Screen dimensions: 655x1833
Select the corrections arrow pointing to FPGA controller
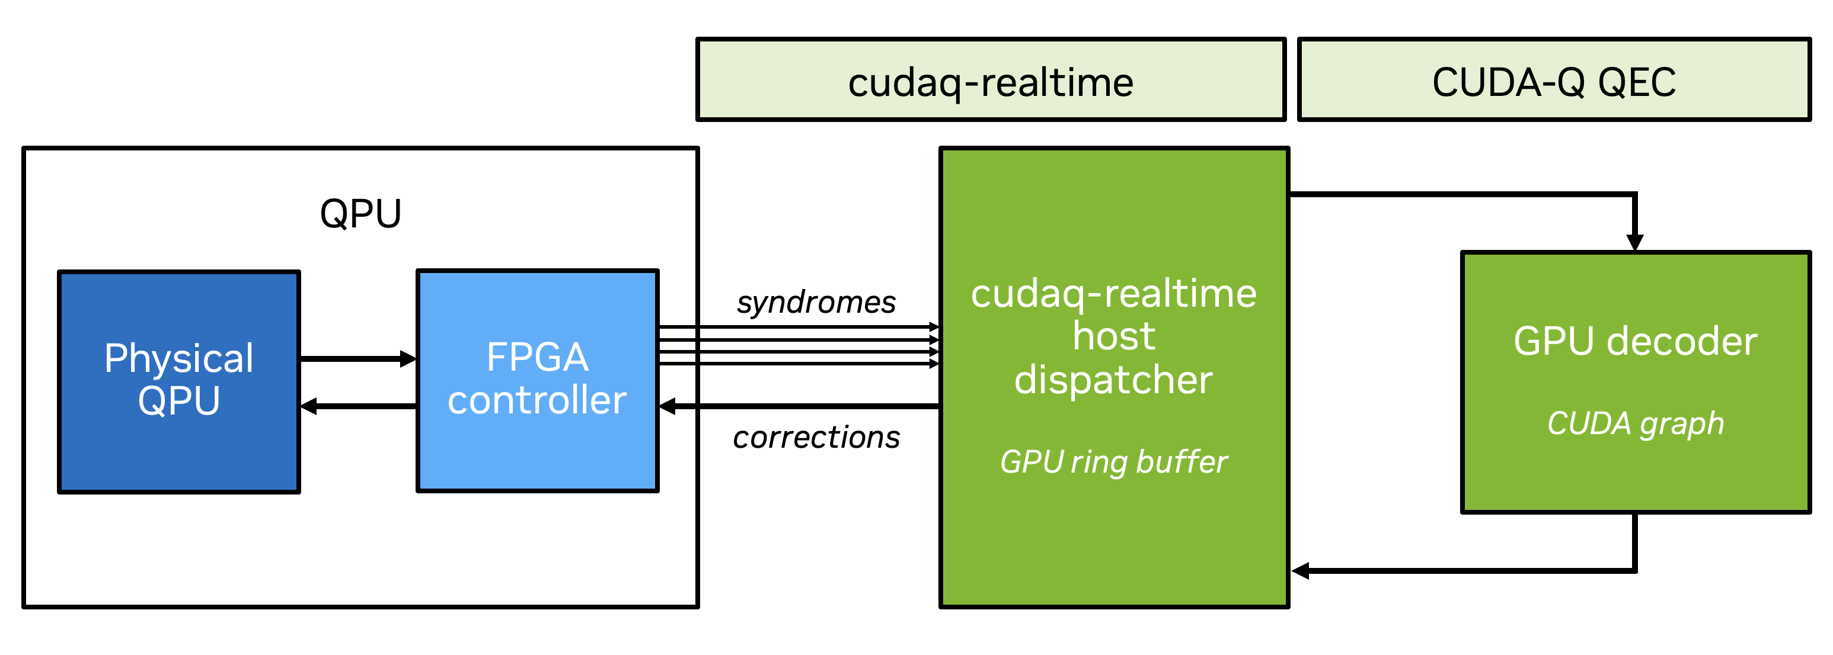(x=797, y=407)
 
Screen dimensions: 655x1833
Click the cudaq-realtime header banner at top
(x=991, y=79)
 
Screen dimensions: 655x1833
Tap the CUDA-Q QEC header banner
(x=1554, y=79)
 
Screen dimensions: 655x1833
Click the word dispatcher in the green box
(x=1113, y=380)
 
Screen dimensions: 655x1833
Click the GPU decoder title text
(x=1635, y=341)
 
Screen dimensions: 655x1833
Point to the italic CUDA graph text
(x=1635, y=424)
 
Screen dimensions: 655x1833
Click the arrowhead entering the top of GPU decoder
(x=1635, y=242)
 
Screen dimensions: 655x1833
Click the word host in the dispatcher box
(x=1113, y=336)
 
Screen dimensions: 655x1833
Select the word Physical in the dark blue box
(x=178, y=358)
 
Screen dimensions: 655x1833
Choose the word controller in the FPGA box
(x=537, y=400)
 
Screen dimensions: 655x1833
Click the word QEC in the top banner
(x=1637, y=82)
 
